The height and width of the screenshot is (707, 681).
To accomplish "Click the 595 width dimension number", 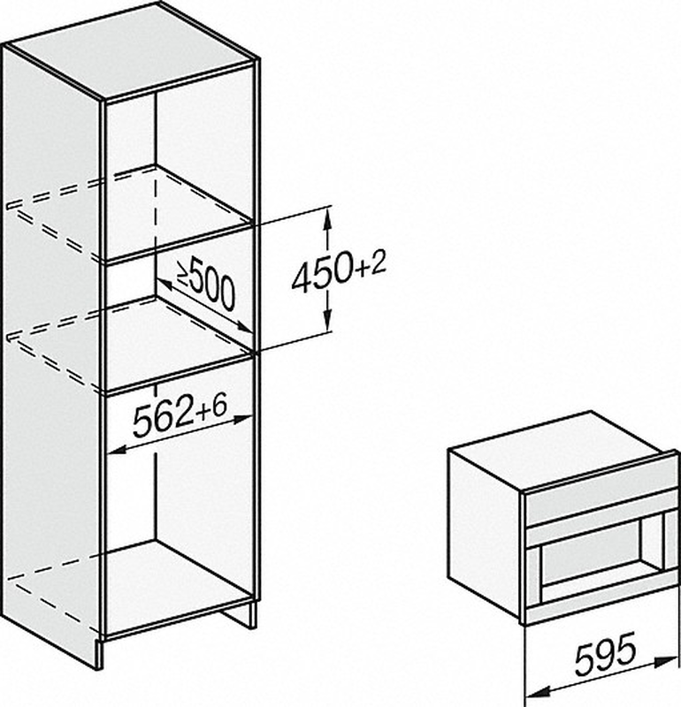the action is coord(605,654).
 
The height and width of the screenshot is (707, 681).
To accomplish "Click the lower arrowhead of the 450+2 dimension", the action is coord(327,321).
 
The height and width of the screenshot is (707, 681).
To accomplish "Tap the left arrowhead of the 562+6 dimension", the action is coord(117,449).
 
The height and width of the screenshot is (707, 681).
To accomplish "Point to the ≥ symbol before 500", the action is coord(184,275).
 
